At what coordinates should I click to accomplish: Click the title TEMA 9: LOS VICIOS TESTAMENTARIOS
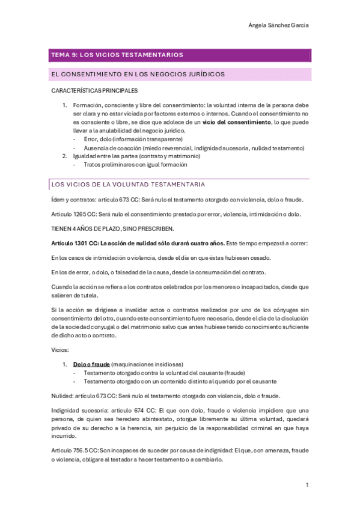coord(118,55)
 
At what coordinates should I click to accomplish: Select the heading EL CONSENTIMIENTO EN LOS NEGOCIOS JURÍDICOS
coord(139,75)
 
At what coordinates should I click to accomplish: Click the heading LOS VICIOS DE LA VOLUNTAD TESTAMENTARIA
coord(128,183)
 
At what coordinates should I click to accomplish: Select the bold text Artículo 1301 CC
coord(75,243)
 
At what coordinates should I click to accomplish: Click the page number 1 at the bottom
coord(307,484)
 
